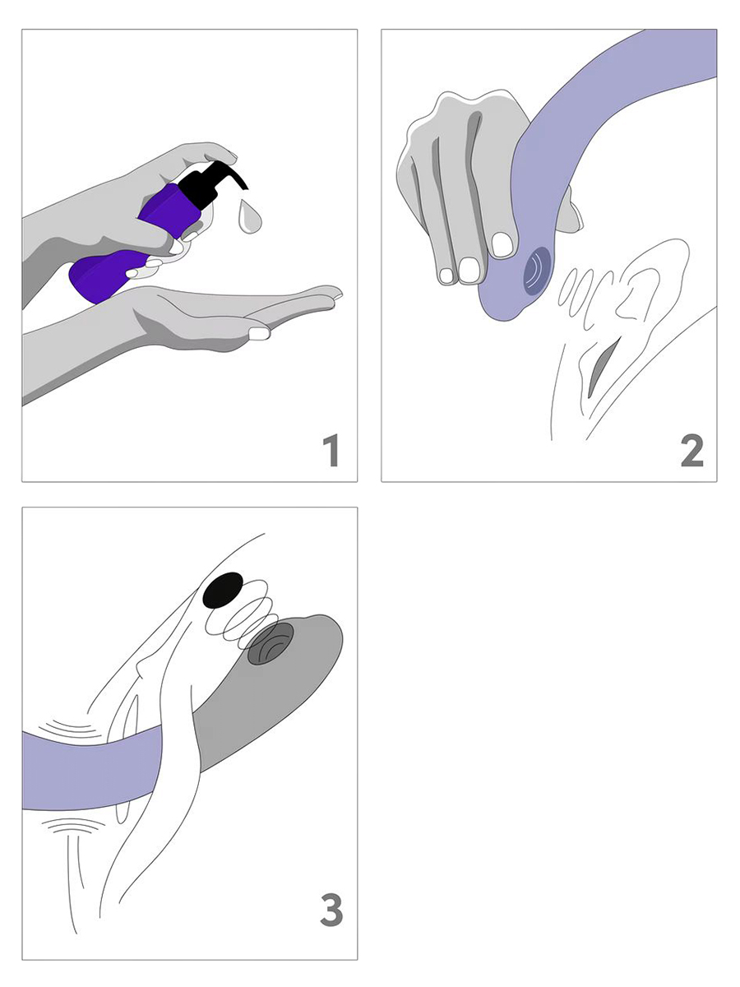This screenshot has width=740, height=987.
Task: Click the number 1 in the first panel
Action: point(331,450)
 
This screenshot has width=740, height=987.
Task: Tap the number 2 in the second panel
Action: point(692,450)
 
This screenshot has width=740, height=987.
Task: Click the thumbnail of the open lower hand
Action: point(259,333)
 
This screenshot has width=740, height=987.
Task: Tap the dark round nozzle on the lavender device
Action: point(537,271)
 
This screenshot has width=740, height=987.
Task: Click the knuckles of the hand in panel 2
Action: point(467,104)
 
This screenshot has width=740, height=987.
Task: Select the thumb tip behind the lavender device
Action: point(570,211)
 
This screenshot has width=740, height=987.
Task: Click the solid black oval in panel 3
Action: point(222,590)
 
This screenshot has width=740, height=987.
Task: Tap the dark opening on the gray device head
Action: point(271,643)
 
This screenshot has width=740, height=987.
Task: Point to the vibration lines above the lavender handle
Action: point(67,730)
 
